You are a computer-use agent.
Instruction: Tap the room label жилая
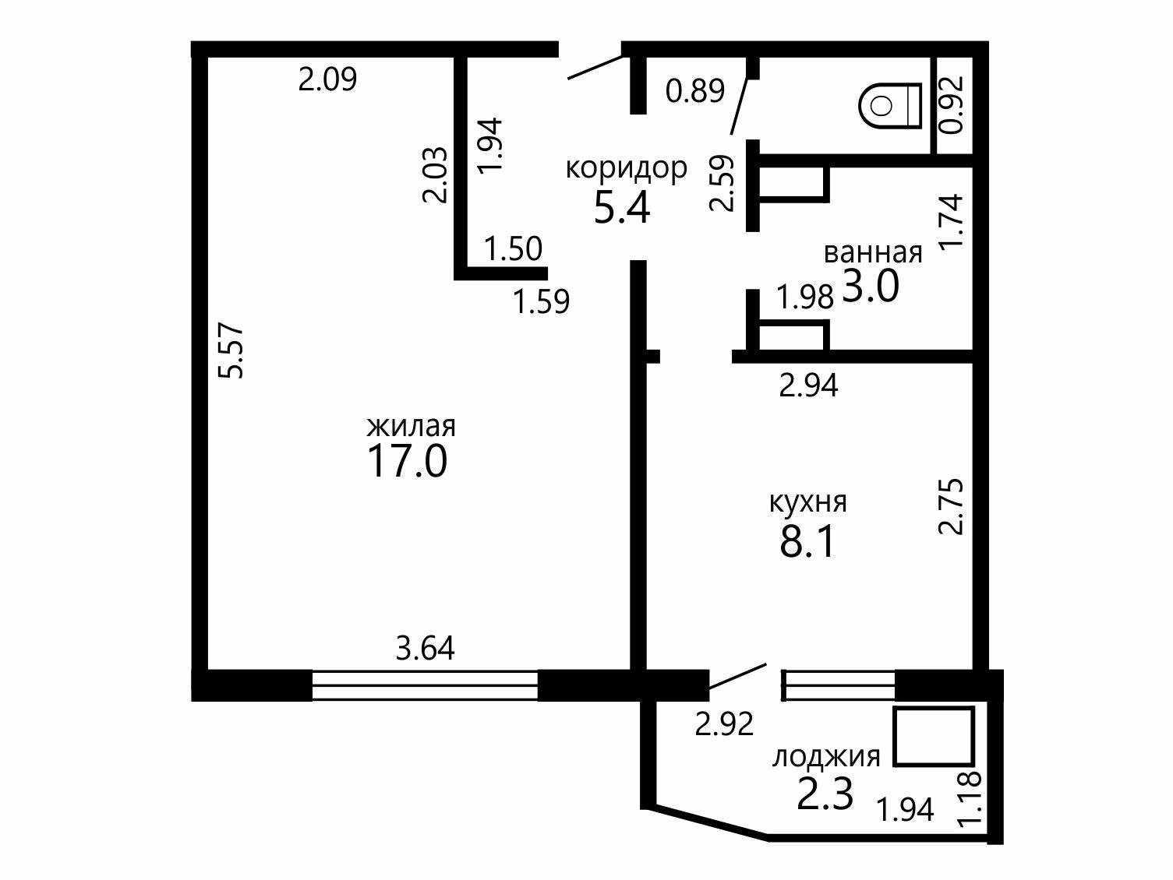pos(411,427)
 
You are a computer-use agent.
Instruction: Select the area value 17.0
pos(407,462)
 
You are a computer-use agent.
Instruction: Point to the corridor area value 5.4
pos(622,208)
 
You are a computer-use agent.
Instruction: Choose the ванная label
pos(873,252)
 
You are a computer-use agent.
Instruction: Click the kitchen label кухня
pos(808,502)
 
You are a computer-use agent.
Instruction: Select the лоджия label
pos(825,757)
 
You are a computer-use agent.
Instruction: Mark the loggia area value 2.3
pos(825,794)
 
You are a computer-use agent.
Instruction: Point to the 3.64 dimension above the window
pos(425,649)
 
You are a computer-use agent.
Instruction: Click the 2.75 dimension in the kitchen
pos(951,506)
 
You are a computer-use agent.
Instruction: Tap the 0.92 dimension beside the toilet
pos(951,104)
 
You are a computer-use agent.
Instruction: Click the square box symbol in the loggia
pos(933,737)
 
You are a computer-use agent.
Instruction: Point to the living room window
pos(425,685)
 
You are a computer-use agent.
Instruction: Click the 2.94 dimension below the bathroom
pos(808,385)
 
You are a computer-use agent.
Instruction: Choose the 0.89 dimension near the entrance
pos(694,90)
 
